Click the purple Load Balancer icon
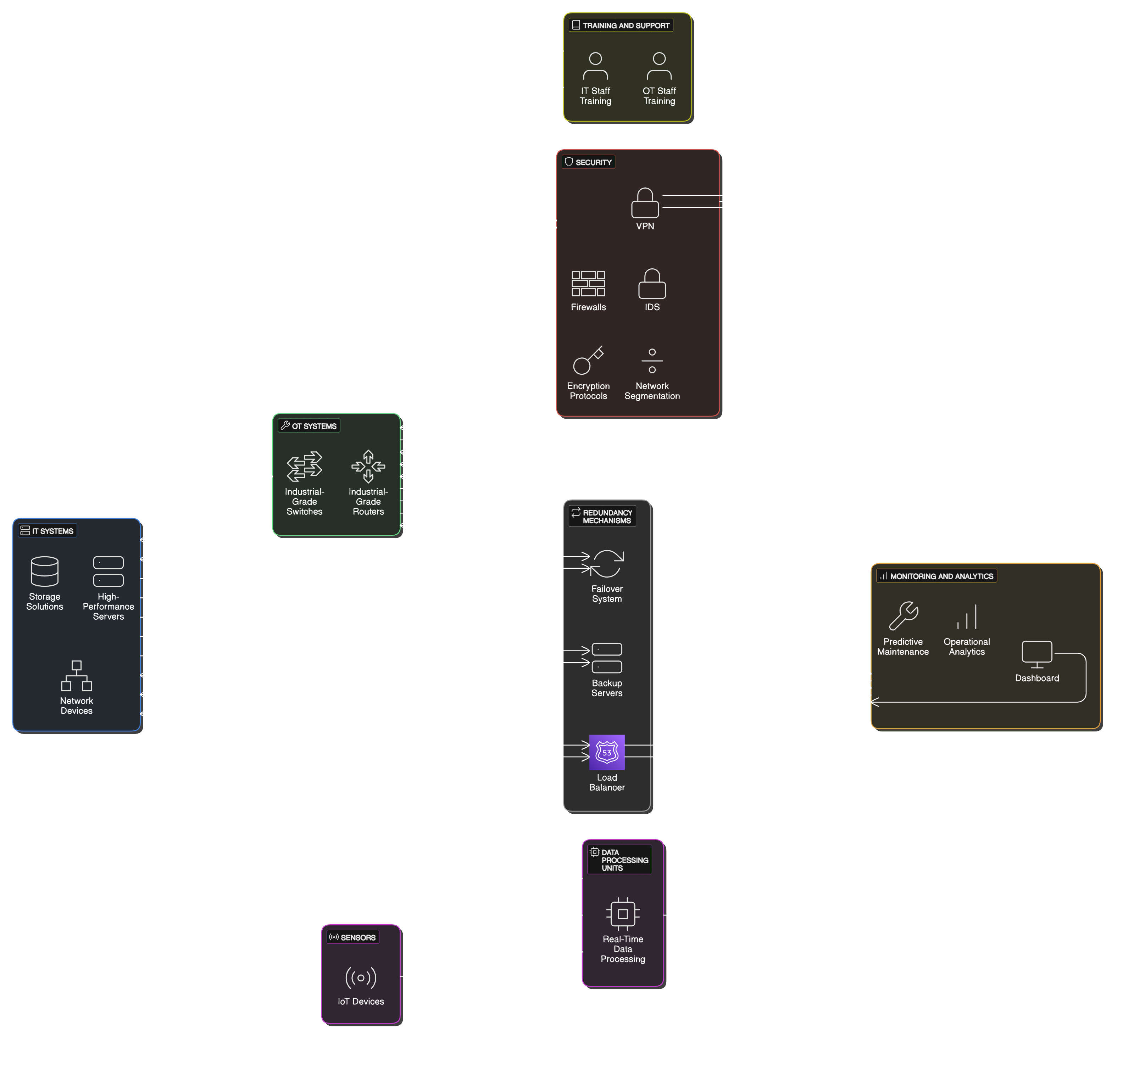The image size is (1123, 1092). pos(607,752)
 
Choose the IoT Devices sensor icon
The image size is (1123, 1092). pos(361,977)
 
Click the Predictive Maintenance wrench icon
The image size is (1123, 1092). pos(904,616)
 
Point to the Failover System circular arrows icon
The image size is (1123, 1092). pos(607,564)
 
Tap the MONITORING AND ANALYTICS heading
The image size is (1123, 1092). pos(941,576)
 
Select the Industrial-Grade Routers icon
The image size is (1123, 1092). pos(368,466)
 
